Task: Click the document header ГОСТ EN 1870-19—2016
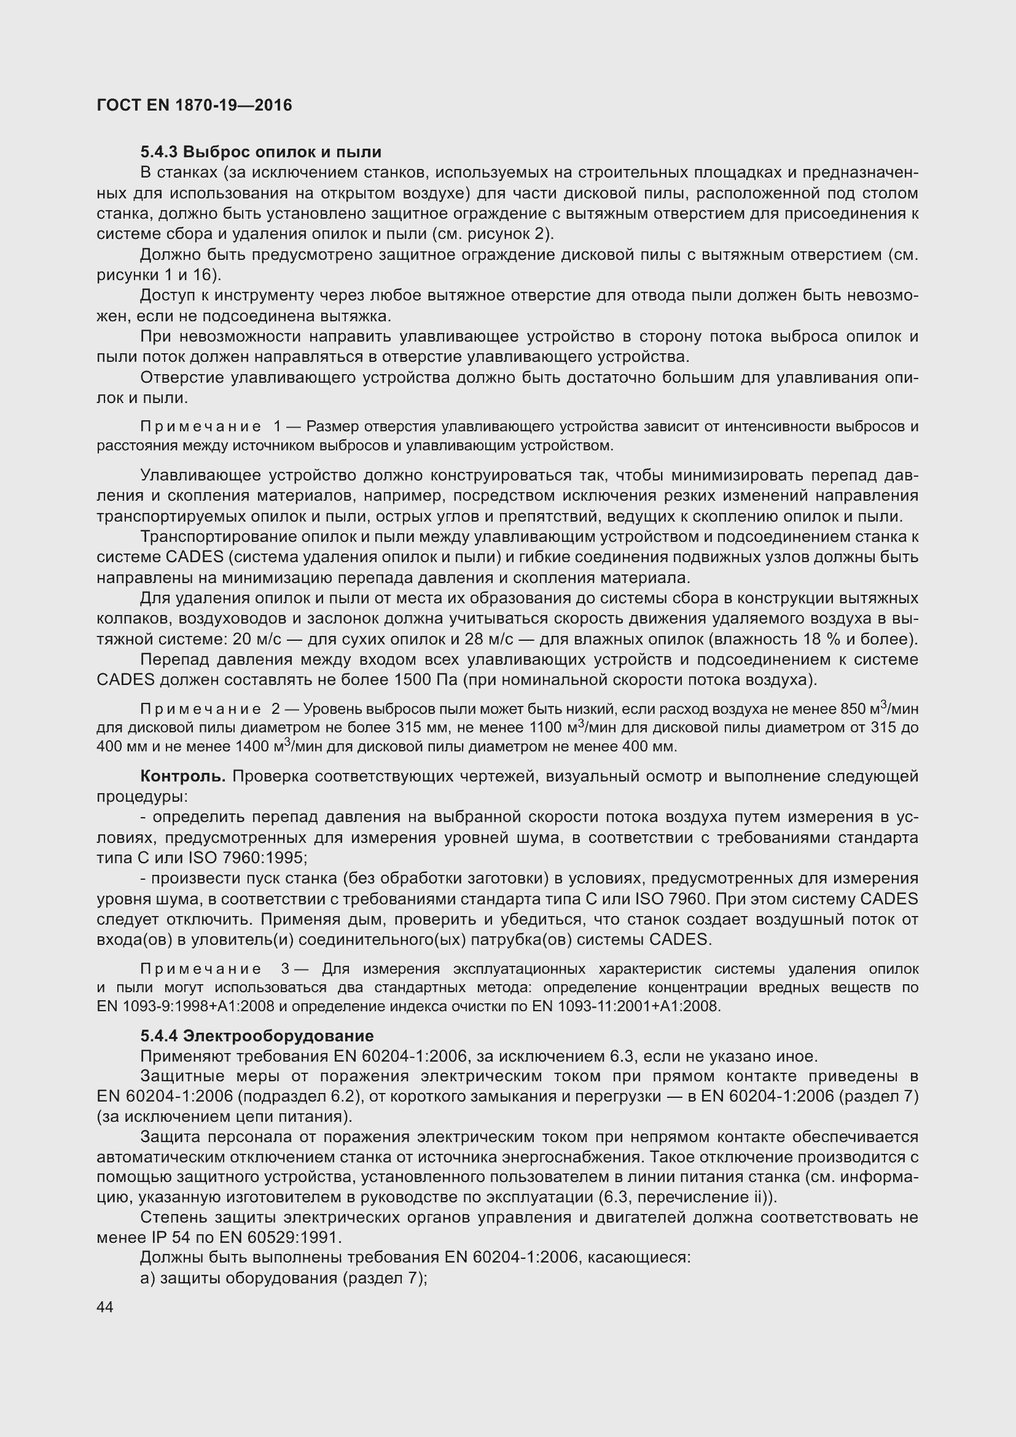[x=194, y=105]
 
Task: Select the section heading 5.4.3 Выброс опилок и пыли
[x=260, y=152]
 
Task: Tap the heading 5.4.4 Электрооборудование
[x=257, y=1036]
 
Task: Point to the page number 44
[x=105, y=1307]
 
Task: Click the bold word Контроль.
[x=182, y=777]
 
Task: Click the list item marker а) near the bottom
[x=147, y=1278]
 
